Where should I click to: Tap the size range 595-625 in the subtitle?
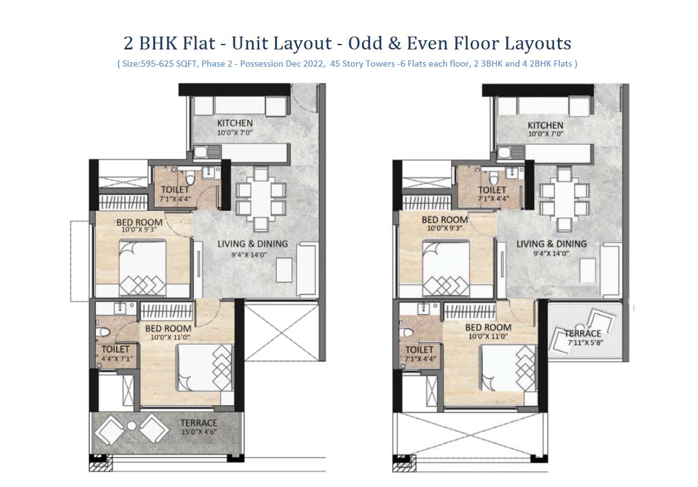click(158, 64)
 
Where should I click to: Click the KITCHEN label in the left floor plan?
click(235, 123)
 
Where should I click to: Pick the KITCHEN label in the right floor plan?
click(545, 125)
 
